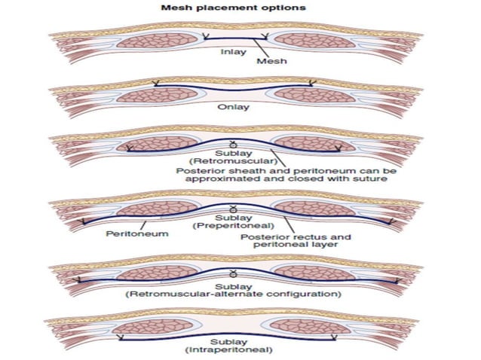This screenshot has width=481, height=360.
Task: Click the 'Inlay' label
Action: point(232,52)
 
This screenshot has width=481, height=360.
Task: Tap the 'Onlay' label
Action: point(233,107)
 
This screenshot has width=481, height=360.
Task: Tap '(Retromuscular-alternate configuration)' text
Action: point(234,293)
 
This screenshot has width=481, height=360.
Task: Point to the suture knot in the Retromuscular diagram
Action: point(234,144)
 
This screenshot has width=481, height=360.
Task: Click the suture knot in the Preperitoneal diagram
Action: point(234,207)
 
